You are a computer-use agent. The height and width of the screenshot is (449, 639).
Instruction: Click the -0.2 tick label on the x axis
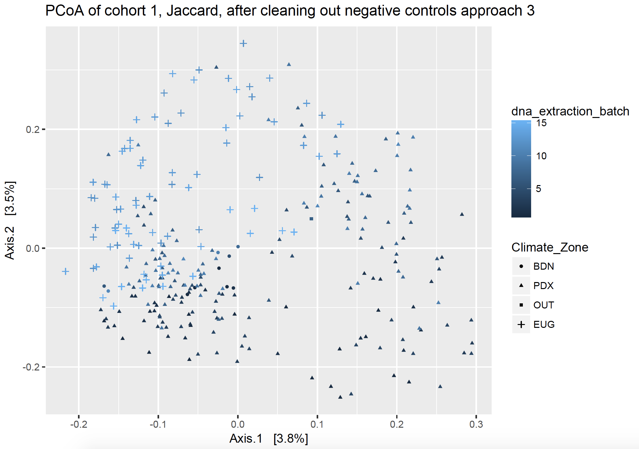(x=79, y=424)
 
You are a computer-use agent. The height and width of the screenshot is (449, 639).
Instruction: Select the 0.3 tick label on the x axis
(x=476, y=424)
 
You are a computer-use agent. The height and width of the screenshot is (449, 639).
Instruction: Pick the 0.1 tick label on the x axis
(x=317, y=424)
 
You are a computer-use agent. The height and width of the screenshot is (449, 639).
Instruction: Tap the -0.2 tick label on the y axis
(x=31, y=367)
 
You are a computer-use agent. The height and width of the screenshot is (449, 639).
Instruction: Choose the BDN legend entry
(x=544, y=266)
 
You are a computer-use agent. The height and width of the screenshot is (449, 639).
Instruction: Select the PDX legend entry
(x=543, y=286)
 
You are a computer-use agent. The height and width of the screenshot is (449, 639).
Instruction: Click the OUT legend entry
(x=544, y=305)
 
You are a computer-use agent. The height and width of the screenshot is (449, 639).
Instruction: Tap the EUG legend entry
(x=544, y=324)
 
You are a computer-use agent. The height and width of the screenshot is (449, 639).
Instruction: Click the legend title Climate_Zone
(x=550, y=247)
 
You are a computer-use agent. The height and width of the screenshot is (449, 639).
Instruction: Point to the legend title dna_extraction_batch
(x=570, y=111)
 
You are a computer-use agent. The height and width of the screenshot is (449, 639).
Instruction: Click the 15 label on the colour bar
(x=541, y=123)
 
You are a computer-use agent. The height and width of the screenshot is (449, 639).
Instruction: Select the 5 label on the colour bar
(x=538, y=189)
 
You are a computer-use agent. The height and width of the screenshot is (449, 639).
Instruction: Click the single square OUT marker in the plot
(x=311, y=219)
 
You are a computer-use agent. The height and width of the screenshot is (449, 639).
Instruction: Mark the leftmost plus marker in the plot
(x=65, y=271)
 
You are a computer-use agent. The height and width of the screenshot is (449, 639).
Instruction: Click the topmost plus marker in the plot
(x=243, y=43)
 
